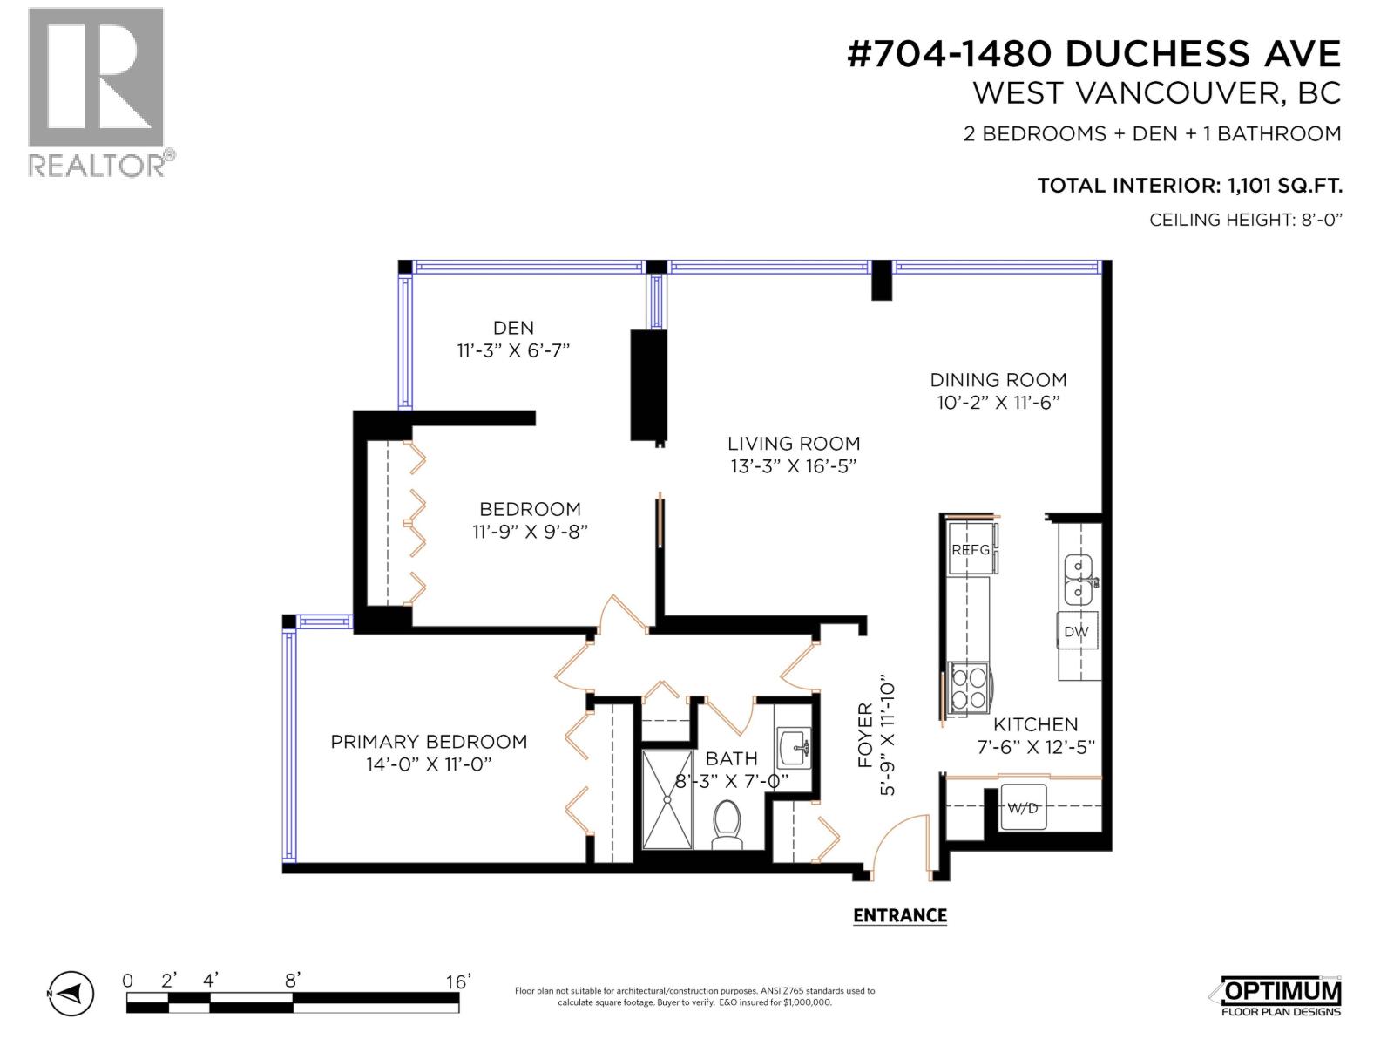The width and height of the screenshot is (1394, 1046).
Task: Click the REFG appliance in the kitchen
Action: tap(970, 549)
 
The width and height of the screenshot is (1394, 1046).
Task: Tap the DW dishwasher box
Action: tap(1076, 632)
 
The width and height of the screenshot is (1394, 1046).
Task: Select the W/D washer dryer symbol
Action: tap(1023, 808)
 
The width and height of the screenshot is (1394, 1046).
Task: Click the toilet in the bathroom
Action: tap(726, 824)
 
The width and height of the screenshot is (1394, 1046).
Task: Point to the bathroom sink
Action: tap(794, 748)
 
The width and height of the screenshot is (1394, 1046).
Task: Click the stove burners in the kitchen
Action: tap(969, 689)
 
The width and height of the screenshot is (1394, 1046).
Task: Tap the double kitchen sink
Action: tap(1079, 580)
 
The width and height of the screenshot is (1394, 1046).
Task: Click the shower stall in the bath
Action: tap(667, 799)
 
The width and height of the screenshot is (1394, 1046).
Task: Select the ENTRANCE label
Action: tap(899, 915)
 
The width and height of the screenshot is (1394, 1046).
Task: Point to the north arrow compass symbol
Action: tap(71, 993)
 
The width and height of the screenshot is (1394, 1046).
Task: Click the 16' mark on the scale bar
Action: tap(457, 981)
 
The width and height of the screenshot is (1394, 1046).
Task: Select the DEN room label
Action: tap(513, 328)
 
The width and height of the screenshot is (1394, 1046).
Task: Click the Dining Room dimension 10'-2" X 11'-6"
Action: tap(998, 403)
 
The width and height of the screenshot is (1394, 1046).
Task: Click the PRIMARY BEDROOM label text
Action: tap(429, 742)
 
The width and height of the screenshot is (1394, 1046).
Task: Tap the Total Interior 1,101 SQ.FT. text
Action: tap(1189, 186)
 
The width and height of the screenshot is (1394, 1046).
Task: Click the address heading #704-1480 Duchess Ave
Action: tap(1093, 54)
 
